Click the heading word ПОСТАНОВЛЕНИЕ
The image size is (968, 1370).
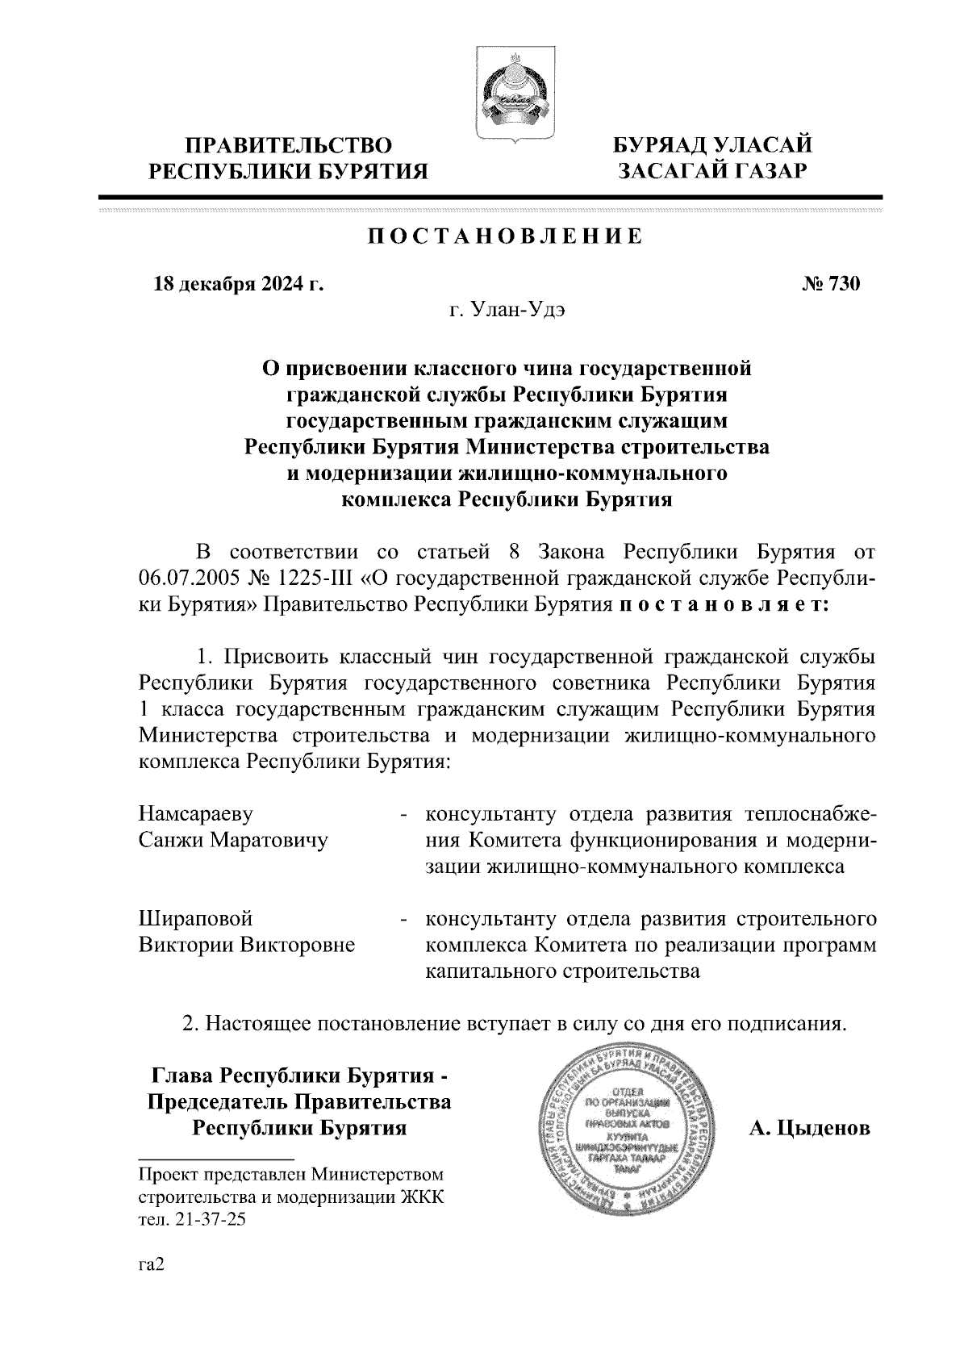coord(506,236)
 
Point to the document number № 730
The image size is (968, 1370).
coord(831,284)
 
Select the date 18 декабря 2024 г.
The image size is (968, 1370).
coord(239,284)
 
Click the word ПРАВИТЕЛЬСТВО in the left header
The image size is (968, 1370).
coord(290,146)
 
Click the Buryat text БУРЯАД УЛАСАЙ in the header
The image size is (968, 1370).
coord(711,146)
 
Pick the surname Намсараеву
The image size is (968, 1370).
coord(202,812)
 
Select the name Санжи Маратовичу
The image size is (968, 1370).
coord(234,840)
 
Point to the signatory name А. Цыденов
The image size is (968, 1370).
coord(809,1128)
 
